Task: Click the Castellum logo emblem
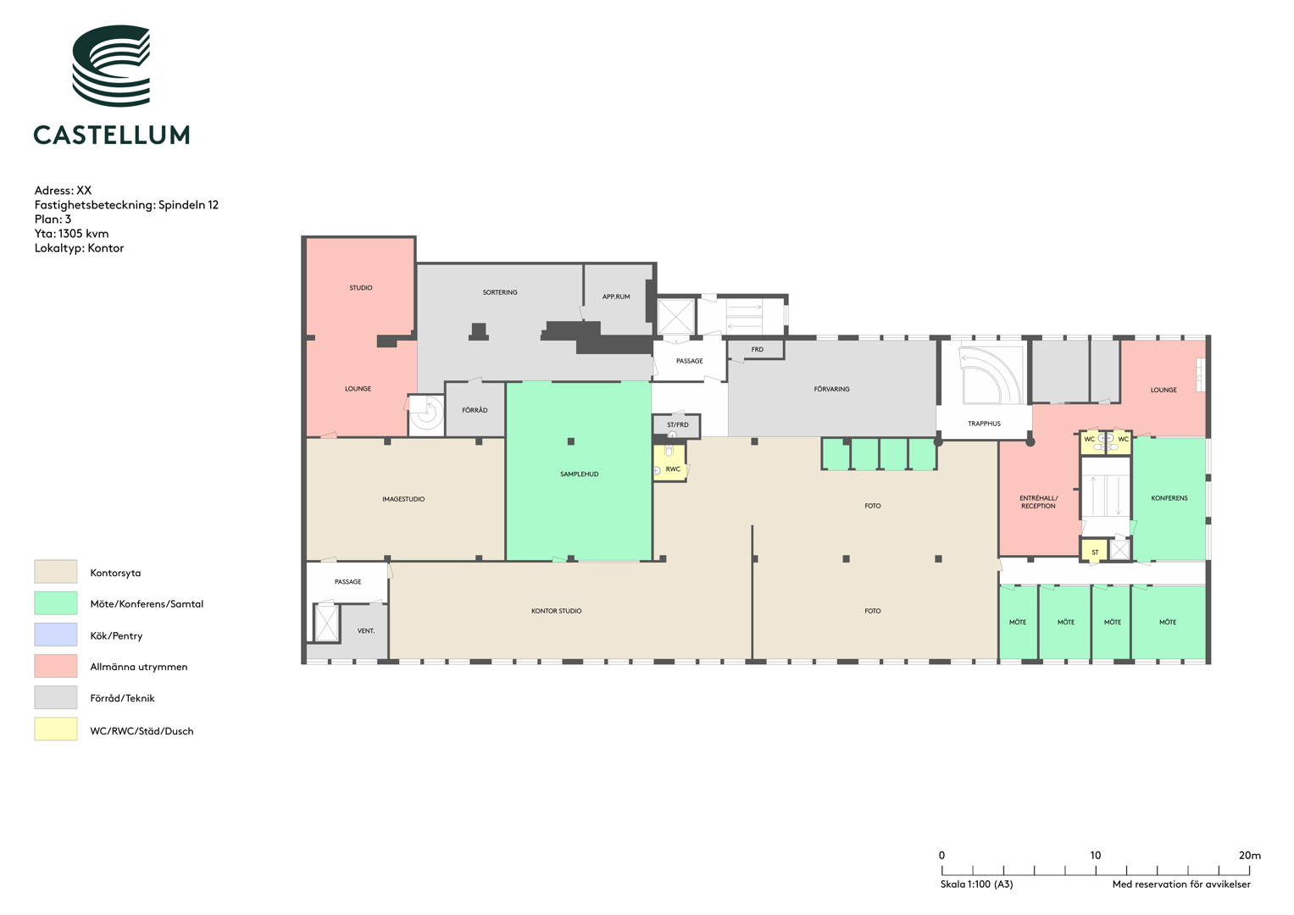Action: (x=111, y=65)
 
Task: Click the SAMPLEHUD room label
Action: (x=579, y=474)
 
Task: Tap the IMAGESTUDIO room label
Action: (x=403, y=499)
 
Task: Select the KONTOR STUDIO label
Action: (x=556, y=611)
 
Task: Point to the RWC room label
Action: (x=673, y=469)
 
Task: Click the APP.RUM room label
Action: (x=616, y=297)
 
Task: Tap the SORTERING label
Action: (x=500, y=292)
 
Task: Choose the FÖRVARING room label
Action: (x=831, y=389)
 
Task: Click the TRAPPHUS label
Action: (x=984, y=424)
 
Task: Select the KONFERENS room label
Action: (x=1169, y=498)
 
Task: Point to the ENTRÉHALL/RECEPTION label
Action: (x=1038, y=502)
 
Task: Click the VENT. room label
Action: (x=366, y=631)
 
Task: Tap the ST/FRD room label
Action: (x=678, y=424)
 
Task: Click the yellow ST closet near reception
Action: (x=1094, y=551)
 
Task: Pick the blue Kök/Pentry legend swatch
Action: (x=55, y=635)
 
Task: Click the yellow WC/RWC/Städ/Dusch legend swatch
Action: (x=55, y=729)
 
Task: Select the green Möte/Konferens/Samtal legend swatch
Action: (x=55, y=602)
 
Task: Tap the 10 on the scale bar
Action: (x=1095, y=855)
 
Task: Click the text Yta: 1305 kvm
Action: (x=72, y=233)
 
